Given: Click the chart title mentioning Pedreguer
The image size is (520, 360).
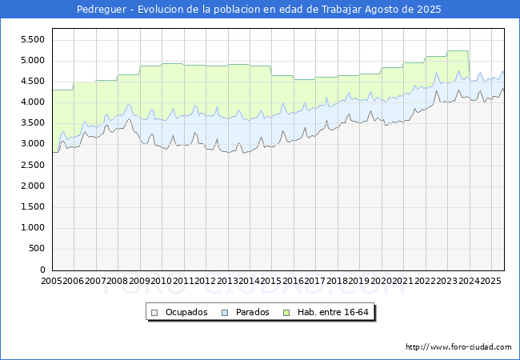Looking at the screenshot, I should tap(258, 10).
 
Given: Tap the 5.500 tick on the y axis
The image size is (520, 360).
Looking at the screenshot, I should tap(31, 39).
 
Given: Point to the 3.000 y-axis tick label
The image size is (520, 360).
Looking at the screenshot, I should tap(31, 144).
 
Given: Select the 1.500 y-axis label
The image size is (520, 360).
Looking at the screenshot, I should tap(31, 206).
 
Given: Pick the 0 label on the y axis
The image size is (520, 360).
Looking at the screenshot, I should tap(42, 270).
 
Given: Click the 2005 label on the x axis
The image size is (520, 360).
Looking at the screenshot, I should tap(52, 281).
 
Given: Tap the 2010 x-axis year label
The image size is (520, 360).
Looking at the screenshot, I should tap(162, 281).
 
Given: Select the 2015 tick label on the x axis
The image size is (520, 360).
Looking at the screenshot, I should tap(271, 281).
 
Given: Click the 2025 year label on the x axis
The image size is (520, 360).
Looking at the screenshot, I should tap(490, 281).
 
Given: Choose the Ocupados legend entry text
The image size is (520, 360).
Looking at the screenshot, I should tap(186, 312).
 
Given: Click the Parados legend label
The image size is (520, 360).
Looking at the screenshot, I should tap(250, 312).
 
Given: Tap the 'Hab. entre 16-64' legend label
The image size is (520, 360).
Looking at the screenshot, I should tap(331, 312).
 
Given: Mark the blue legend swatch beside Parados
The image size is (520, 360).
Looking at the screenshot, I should tap(225, 312).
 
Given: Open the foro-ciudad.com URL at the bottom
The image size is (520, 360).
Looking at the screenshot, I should tap(458, 347).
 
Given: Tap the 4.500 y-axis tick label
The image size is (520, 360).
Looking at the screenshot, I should tap(31, 81).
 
